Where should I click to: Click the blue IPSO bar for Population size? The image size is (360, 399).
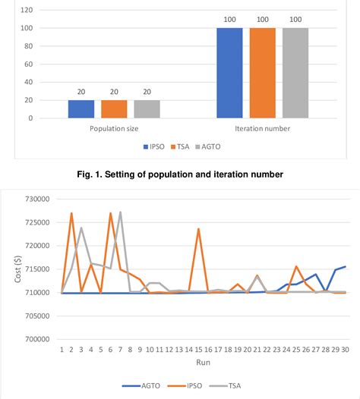click(81, 109)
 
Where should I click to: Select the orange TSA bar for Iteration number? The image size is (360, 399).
click(263, 73)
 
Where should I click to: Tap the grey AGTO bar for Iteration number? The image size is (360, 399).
click(295, 73)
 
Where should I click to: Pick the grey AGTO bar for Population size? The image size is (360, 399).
click(147, 109)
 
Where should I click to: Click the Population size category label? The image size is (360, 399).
click(114, 129)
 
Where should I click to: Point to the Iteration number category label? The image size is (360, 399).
click(263, 129)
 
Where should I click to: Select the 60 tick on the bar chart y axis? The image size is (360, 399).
click(28, 64)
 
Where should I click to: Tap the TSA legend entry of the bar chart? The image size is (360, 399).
click(183, 146)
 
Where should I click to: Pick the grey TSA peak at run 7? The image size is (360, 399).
click(120, 212)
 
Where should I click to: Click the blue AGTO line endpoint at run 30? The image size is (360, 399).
click(346, 266)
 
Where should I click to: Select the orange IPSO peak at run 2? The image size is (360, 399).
click(71, 213)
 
